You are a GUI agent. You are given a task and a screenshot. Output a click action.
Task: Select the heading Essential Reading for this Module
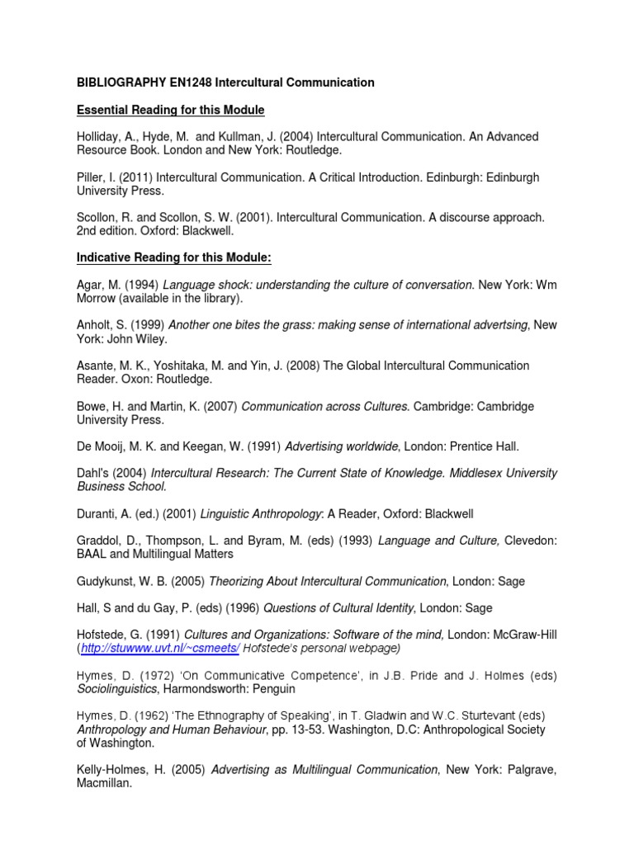[x=170, y=110]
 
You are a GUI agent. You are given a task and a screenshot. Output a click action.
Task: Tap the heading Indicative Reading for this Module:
[x=174, y=258]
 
